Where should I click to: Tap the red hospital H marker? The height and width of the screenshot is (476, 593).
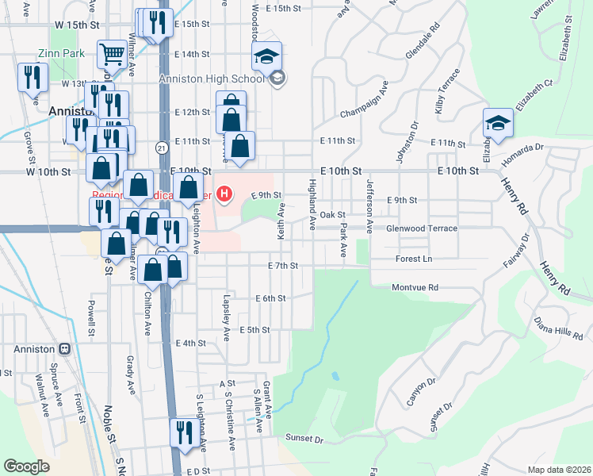(x=225, y=193)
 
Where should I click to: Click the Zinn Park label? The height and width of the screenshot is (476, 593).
(x=55, y=55)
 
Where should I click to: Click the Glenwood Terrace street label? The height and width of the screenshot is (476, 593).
(x=421, y=228)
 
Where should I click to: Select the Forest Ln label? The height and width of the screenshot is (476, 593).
(x=415, y=259)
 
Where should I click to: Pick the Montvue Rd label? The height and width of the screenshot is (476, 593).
(x=415, y=288)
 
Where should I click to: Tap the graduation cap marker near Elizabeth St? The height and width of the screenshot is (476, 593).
(x=497, y=122)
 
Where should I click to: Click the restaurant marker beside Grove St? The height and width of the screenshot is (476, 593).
(x=32, y=77)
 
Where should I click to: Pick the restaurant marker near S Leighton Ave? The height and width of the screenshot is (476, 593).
(x=182, y=433)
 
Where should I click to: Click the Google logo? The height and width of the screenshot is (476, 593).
(x=27, y=466)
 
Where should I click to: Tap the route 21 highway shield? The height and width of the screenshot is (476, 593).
(x=161, y=148)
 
